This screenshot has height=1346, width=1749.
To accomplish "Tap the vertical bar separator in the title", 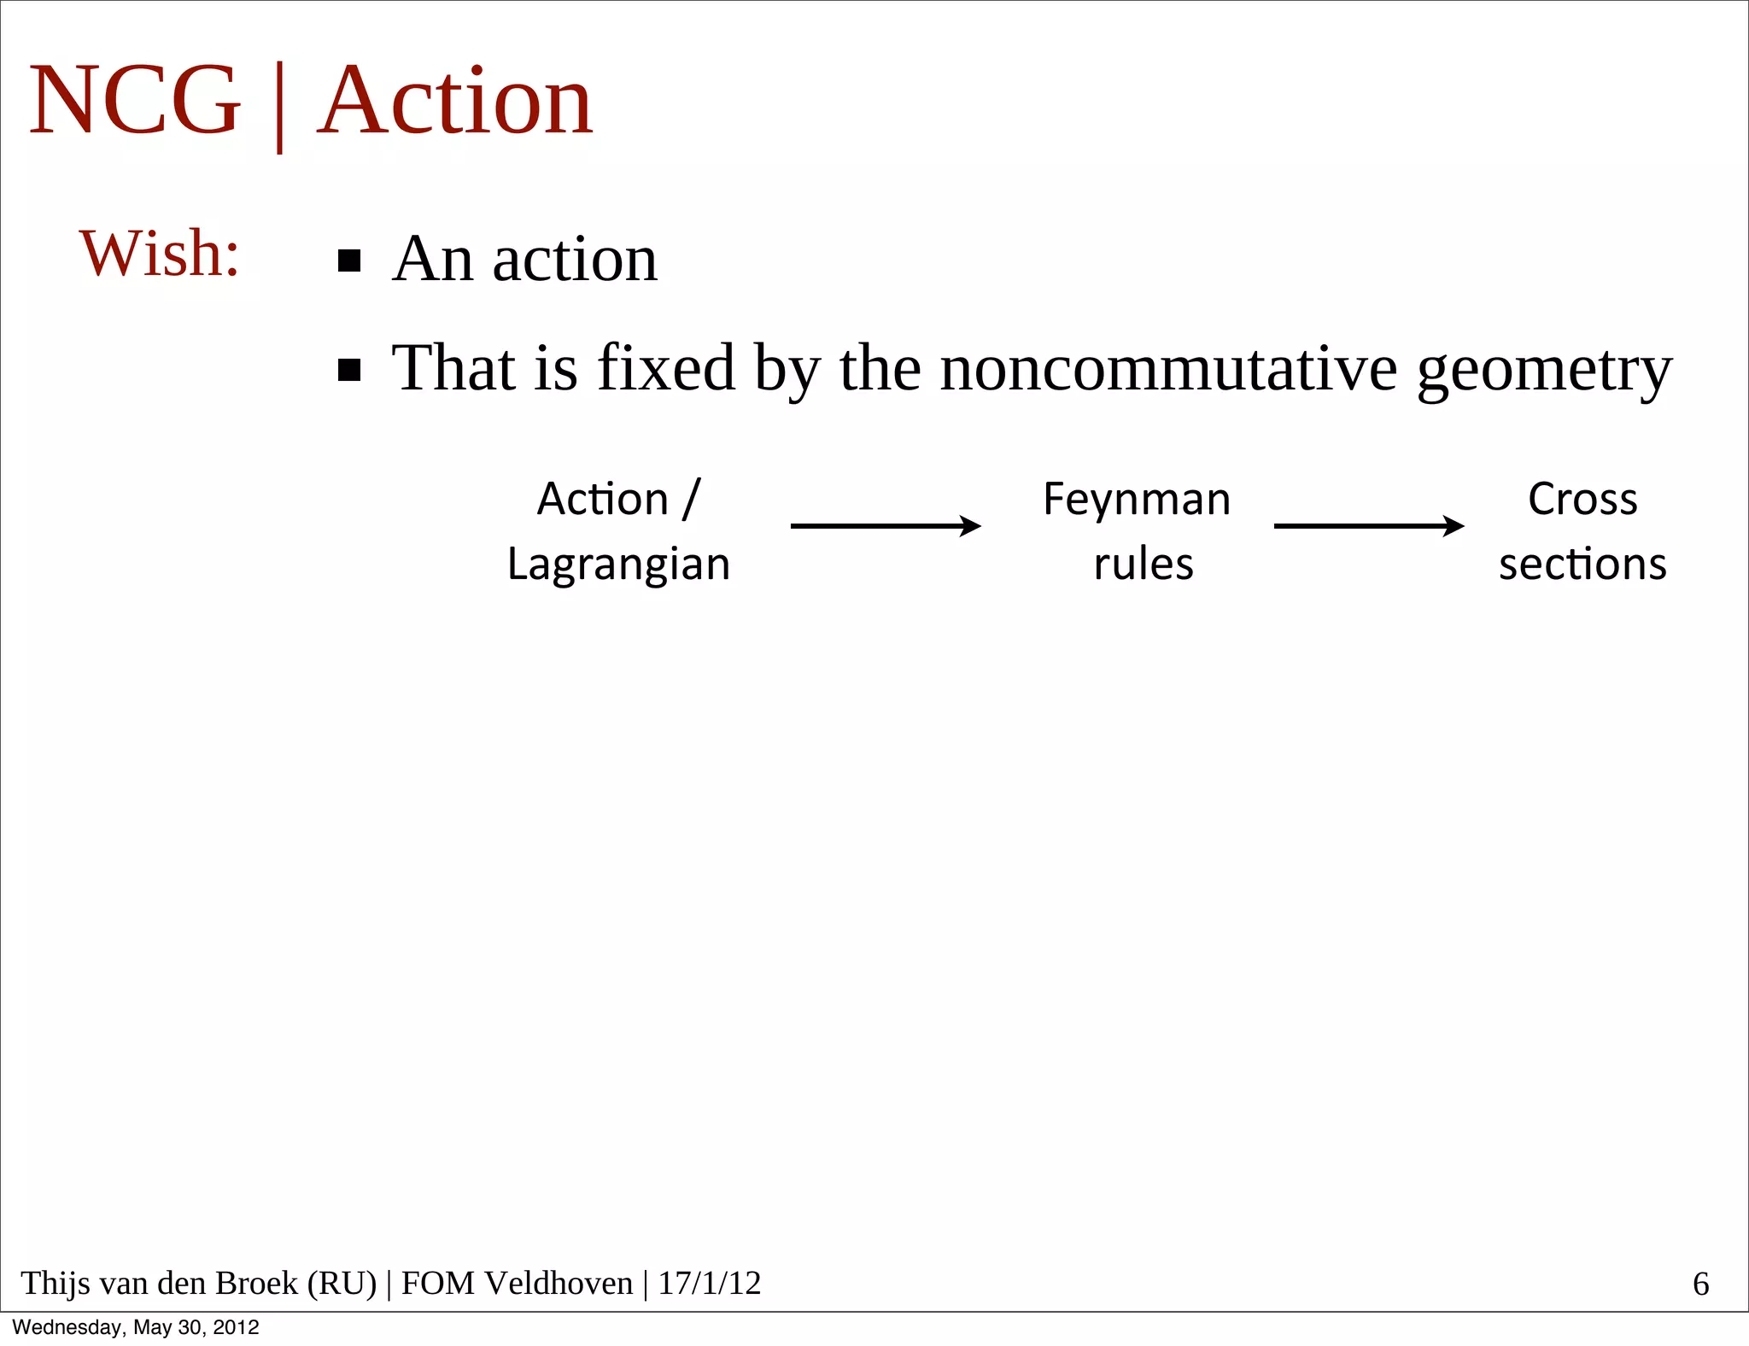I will point(279,107).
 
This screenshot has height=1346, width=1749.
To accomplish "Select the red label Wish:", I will point(160,254).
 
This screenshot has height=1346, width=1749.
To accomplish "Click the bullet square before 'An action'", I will point(349,260).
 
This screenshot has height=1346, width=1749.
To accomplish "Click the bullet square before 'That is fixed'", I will point(349,370).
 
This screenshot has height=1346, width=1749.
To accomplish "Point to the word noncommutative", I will point(1168,368).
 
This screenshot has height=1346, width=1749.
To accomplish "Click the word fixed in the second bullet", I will point(666,368).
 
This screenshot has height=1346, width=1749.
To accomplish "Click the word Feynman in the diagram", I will point(1137,500).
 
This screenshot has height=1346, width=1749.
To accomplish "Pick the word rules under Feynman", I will point(1143,565).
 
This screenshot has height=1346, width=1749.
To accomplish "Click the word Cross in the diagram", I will point(1582,499).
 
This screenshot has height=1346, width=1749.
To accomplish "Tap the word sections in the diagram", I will point(1582,565).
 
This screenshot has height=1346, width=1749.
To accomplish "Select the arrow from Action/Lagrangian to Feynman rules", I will point(886,526).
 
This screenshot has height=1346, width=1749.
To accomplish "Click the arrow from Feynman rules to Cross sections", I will point(1369,526).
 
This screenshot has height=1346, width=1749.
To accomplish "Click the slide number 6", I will point(1700,1284).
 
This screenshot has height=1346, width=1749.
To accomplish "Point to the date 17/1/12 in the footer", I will point(709,1283).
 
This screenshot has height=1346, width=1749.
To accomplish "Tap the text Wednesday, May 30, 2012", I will point(136,1327).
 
